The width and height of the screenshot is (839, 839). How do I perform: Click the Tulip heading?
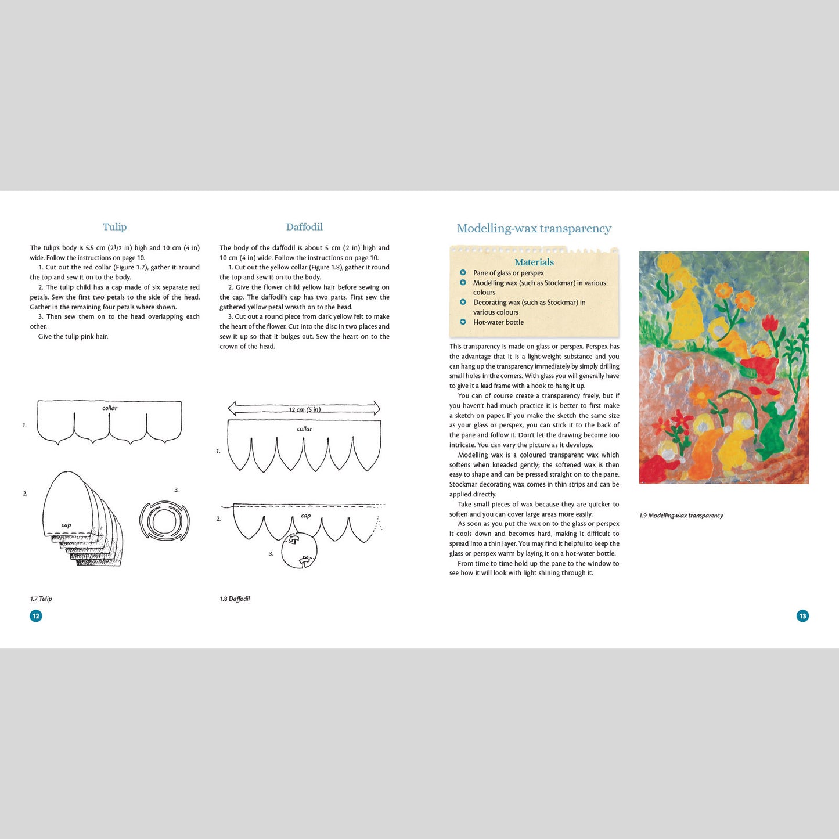point(114,227)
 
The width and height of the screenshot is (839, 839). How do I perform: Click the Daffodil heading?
point(304,227)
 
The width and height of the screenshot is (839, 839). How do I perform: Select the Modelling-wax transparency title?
point(534,229)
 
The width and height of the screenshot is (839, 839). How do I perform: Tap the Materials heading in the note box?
point(534,262)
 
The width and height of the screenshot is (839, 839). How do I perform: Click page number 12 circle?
point(36,616)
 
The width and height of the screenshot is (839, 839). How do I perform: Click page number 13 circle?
point(802,616)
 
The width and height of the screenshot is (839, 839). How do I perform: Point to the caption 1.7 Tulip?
point(41,599)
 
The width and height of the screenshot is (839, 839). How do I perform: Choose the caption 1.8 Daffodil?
point(235,599)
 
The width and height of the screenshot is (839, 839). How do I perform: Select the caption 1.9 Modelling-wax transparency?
point(681,516)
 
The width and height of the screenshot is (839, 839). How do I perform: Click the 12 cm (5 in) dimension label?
point(305,409)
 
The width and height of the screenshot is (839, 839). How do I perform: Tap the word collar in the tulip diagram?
point(110,408)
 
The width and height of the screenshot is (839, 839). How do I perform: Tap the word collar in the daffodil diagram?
point(304,429)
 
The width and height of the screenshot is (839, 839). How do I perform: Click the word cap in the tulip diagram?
point(66,525)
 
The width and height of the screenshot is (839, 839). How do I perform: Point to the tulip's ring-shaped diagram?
point(164,520)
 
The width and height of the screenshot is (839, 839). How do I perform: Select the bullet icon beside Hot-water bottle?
point(463,322)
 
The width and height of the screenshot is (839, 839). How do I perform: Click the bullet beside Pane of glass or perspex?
point(463,272)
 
